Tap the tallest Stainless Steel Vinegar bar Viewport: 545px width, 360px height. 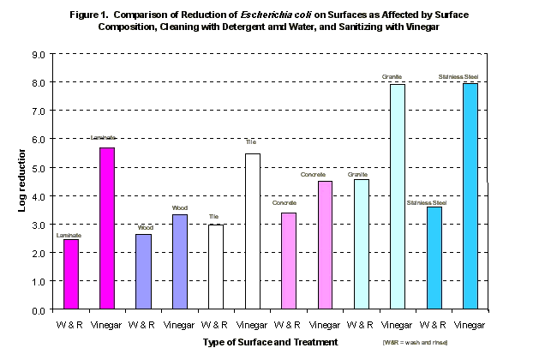470,196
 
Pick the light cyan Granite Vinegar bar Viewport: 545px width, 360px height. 398,196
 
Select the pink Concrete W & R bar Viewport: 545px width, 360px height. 289,261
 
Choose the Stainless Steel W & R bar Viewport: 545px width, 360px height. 434,258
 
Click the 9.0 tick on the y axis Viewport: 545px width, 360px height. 39,54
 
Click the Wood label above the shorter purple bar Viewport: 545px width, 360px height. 145,227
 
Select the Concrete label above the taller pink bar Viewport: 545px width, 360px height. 325,174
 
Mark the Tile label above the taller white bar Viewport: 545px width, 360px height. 251,141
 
